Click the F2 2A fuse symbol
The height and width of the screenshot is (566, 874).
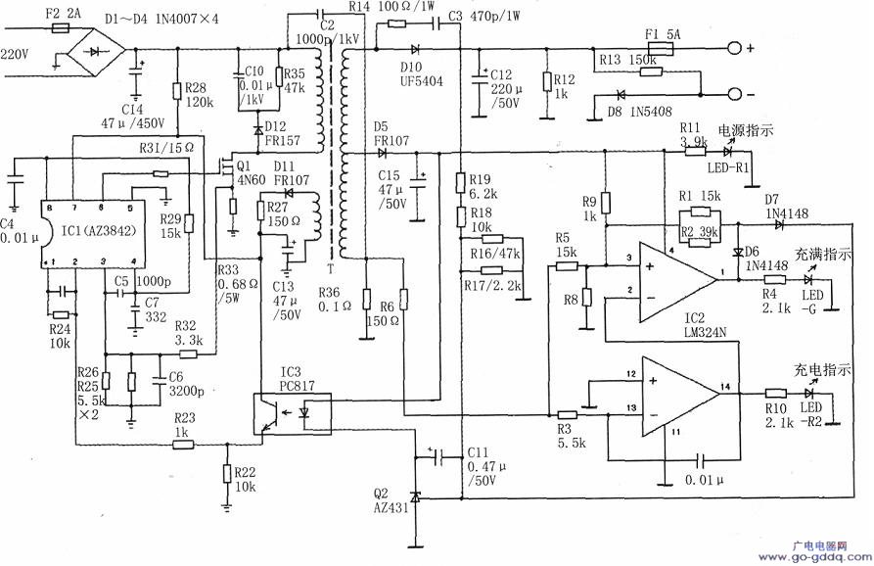[62, 29]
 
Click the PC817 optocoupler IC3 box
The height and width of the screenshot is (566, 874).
[292, 411]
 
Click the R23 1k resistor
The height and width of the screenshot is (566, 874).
[183, 444]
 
